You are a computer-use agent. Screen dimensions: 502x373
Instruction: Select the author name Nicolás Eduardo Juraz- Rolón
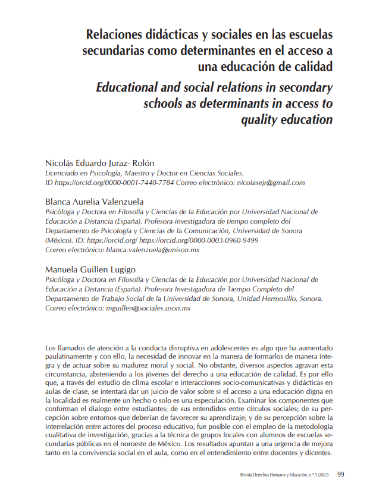click(x=100, y=163)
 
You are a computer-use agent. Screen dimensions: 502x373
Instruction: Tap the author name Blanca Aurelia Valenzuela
click(x=95, y=201)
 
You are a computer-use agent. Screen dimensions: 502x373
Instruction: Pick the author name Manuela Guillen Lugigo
click(x=90, y=269)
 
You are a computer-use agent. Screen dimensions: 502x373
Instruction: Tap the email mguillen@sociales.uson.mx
click(x=148, y=309)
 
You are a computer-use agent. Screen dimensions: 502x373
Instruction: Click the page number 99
click(x=341, y=474)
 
